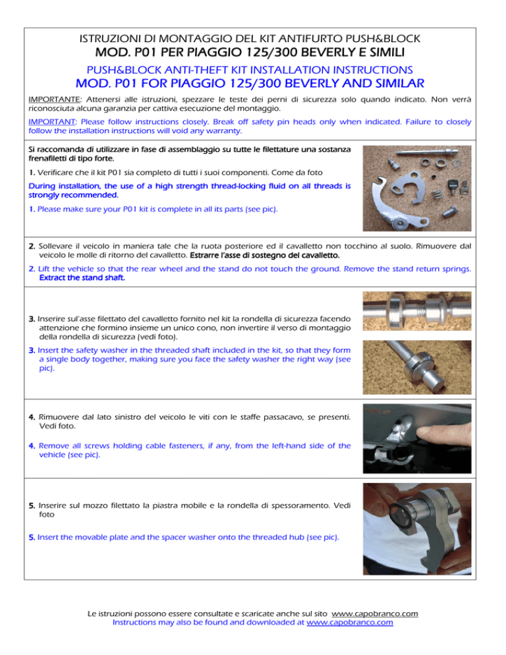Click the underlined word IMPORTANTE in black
point(54,100)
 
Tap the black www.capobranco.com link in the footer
point(375,613)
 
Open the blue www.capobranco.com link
point(350,623)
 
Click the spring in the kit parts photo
point(436,194)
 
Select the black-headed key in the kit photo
point(453,185)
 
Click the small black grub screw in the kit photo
point(434,177)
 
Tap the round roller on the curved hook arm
point(400,225)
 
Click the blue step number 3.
point(32,350)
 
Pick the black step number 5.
point(32,505)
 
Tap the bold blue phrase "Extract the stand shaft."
point(82,278)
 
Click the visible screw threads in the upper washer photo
point(415,312)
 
